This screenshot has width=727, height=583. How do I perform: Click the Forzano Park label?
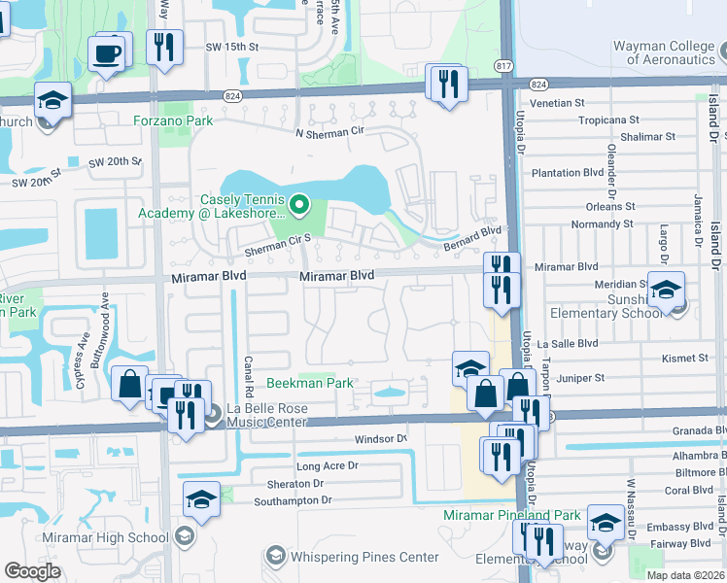coord(174,121)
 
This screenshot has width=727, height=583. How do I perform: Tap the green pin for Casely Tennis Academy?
coord(299,204)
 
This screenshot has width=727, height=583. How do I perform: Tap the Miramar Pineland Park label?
coord(511,515)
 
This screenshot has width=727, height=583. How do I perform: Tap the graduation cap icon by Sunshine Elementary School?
coord(666,290)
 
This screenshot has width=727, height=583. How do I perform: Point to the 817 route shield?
coord(502,65)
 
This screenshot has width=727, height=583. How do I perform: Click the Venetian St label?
coord(557,102)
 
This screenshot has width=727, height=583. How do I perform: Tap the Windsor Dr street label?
coord(379,439)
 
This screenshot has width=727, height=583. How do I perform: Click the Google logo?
coord(32,571)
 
